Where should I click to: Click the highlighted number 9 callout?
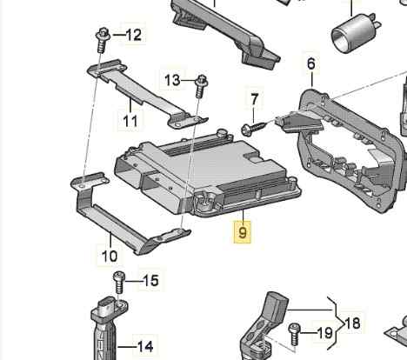(243, 232)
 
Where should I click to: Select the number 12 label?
(134, 35)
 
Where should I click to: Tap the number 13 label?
(172, 80)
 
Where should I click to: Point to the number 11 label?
(130, 121)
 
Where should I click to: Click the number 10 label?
(110, 257)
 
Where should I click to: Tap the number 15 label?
(150, 281)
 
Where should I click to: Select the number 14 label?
(145, 346)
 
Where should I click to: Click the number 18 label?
(352, 323)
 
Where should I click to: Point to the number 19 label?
(325, 333)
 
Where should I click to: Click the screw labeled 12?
(103, 40)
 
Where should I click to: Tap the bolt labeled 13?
(201, 86)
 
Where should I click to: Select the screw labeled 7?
(254, 128)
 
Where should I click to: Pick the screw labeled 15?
(119, 282)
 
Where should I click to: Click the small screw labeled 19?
(294, 334)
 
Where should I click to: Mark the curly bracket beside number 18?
(336, 323)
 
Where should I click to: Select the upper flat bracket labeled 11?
(146, 93)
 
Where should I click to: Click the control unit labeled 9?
(206, 174)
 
